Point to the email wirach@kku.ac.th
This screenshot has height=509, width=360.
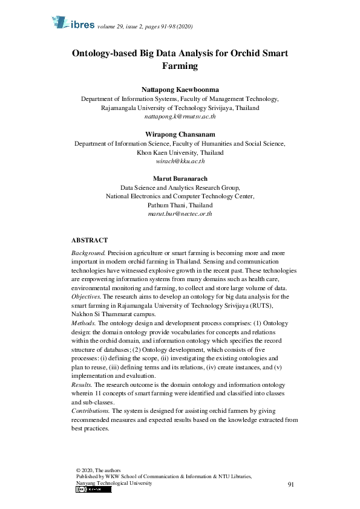pyautogui.click(x=180, y=162)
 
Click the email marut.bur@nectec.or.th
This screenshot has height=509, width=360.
pyautogui.click(x=180, y=214)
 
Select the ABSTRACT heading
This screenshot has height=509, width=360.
pyautogui.click(x=90, y=240)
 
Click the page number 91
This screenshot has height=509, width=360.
pyautogui.click(x=291, y=485)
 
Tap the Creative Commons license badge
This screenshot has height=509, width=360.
pyautogui.click(x=94, y=490)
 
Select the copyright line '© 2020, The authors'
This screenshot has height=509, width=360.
pyautogui.click(x=99, y=470)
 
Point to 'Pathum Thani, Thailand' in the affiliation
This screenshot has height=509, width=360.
pyautogui.click(x=180, y=205)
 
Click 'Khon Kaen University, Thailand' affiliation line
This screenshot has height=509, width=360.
pyautogui.click(x=180, y=153)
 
